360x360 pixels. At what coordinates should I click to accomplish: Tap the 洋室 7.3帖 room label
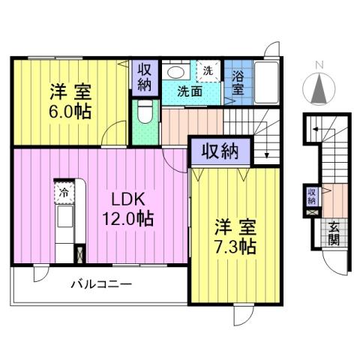[233, 237]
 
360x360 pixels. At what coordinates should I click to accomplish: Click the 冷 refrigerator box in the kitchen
[63, 191]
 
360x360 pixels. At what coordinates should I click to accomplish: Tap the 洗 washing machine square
[208, 70]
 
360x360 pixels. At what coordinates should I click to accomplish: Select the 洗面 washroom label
[189, 91]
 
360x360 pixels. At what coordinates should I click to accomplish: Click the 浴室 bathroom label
[237, 82]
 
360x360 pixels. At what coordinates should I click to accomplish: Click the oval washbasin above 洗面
[177, 72]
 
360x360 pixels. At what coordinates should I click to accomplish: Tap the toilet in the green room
[145, 115]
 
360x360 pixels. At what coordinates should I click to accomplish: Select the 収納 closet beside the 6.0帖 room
[145, 77]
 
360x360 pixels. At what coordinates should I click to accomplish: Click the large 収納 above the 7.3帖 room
[219, 151]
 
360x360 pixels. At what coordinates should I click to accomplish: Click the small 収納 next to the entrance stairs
[312, 197]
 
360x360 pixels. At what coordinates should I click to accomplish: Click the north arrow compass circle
[319, 90]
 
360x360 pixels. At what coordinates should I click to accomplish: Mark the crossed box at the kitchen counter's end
[79, 253]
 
